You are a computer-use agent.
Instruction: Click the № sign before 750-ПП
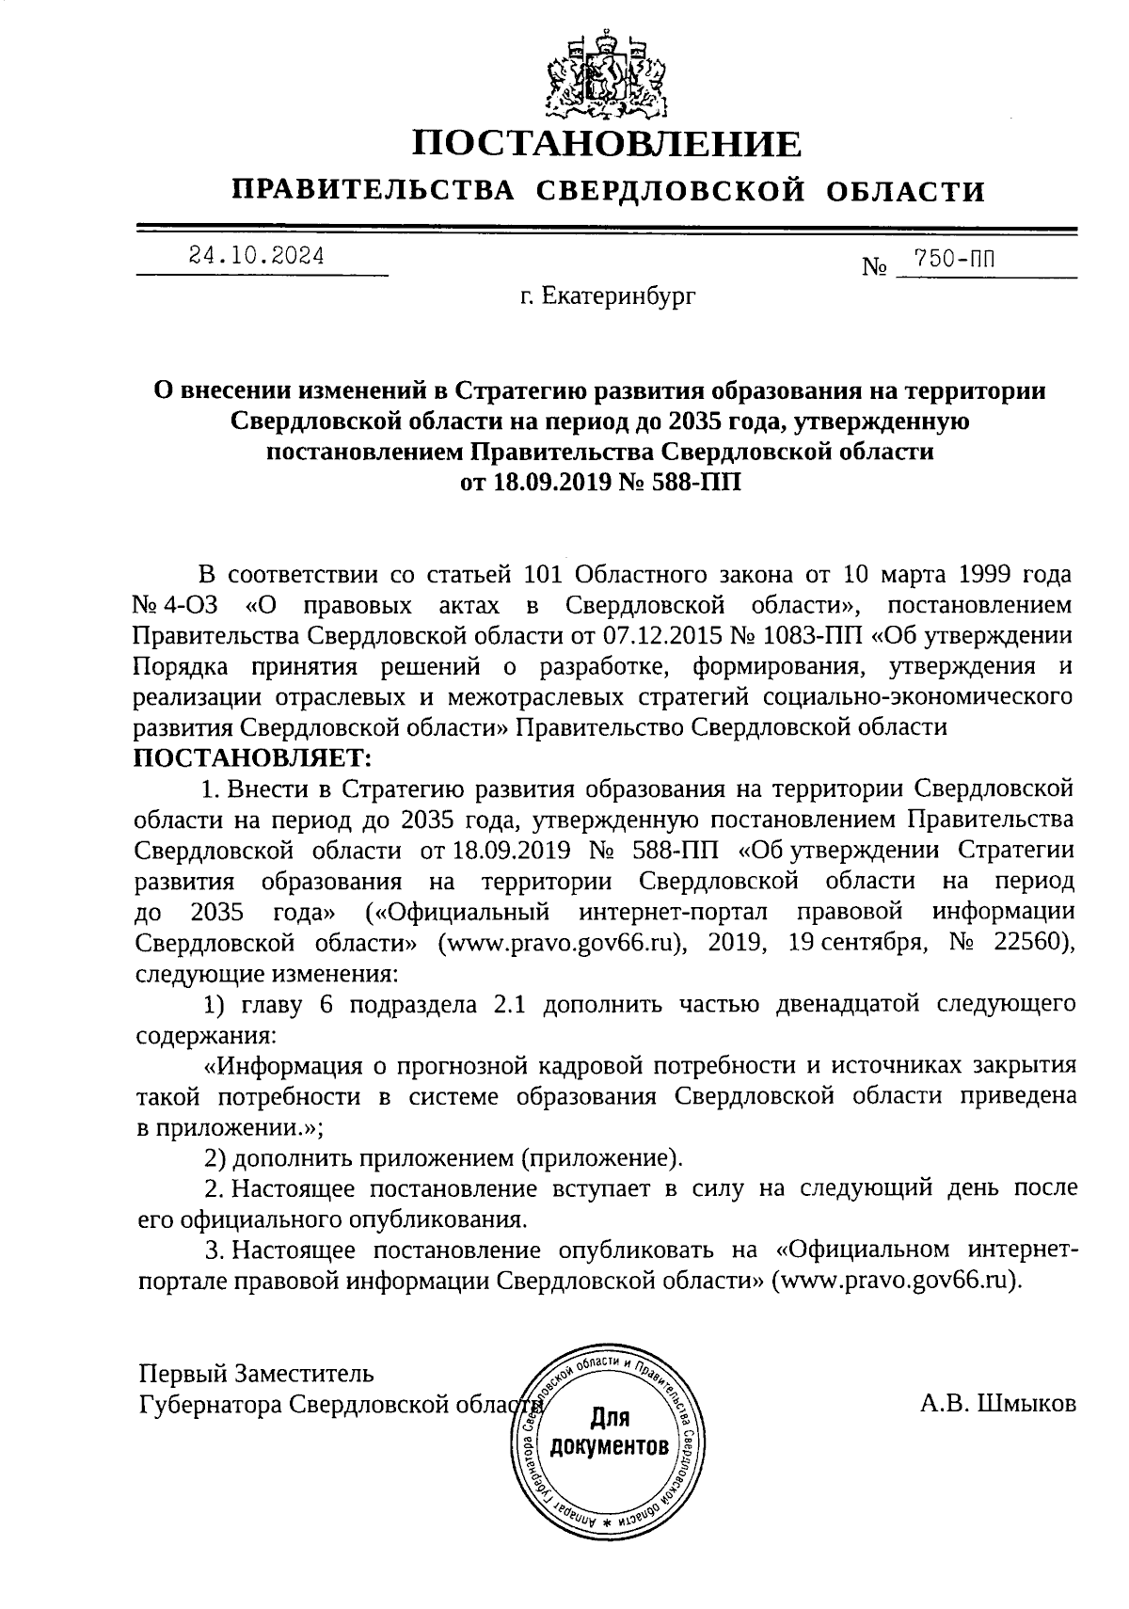tap(875, 267)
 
